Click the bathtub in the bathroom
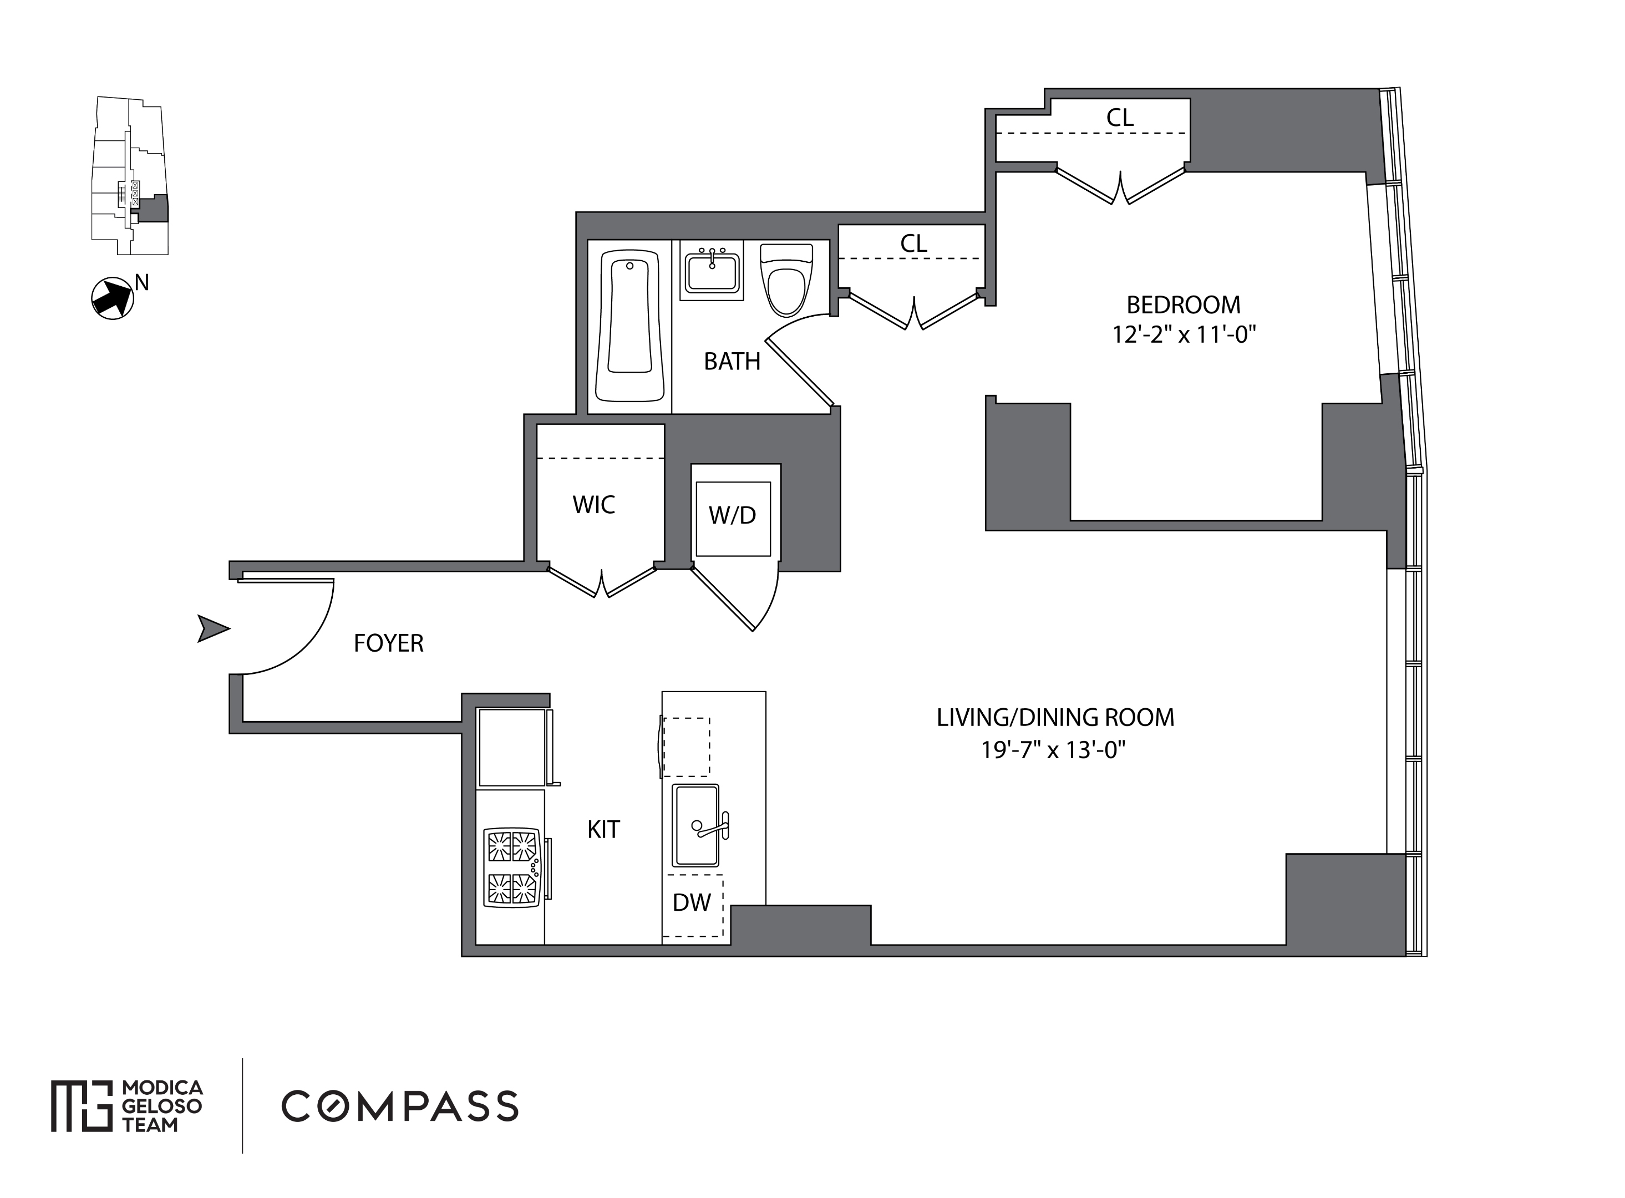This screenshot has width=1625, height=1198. pyautogui.click(x=629, y=326)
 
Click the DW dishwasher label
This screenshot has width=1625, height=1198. pyautogui.click(x=692, y=902)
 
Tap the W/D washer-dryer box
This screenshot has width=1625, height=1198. pyautogui.click(x=733, y=519)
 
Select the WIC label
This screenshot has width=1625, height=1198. pyautogui.click(x=594, y=505)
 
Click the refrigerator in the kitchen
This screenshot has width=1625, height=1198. pyautogui.click(x=512, y=747)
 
